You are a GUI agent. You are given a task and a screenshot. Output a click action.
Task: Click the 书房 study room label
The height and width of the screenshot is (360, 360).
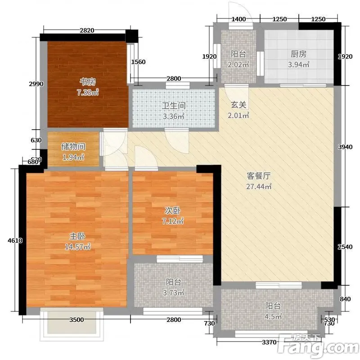[x=87, y=81]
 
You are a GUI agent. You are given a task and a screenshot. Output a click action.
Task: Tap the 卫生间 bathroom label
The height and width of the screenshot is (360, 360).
[x=174, y=106]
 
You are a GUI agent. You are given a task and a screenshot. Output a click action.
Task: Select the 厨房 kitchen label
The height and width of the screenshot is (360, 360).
[x=298, y=54]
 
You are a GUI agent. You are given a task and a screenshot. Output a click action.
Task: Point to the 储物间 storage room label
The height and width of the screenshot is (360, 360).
[x=73, y=147]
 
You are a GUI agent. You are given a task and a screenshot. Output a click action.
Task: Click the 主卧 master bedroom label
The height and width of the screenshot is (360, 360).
[x=77, y=236]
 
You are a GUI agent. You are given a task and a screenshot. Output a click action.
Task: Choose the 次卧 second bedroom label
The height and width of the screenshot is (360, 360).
[x=173, y=211]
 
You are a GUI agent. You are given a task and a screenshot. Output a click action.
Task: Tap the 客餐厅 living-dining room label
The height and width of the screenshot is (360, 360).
[x=258, y=176]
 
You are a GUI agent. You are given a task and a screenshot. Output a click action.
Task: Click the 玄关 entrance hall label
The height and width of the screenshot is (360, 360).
[x=238, y=105]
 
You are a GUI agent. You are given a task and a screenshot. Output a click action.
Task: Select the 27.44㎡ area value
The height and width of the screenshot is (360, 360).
[x=259, y=186]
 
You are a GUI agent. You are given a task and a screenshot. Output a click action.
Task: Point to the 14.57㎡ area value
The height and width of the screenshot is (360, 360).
[x=77, y=247]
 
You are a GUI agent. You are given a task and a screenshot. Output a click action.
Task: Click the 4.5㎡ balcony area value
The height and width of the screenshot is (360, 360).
[x=273, y=317]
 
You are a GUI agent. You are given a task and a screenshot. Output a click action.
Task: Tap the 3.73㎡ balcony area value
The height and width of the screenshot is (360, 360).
[x=173, y=293]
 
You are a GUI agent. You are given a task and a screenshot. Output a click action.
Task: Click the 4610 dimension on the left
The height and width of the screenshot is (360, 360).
[x=15, y=240]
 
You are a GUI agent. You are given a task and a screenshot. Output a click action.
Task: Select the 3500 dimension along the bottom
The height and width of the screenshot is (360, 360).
[x=76, y=319]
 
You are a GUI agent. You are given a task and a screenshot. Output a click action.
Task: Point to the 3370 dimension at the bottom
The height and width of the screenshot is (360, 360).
[x=269, y=342]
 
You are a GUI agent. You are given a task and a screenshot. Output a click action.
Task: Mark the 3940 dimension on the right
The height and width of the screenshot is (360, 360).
[x=345, y=147]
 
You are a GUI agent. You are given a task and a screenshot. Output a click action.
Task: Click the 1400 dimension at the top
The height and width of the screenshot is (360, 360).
[x=238, y=19]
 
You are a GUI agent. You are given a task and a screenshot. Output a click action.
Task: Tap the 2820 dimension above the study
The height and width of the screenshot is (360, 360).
[x=87, y=30]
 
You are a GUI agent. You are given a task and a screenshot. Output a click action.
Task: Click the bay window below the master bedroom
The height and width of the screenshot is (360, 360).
[x=72, y=324]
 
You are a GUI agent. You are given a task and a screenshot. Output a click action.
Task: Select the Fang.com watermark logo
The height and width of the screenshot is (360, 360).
[x=318, y=346]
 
